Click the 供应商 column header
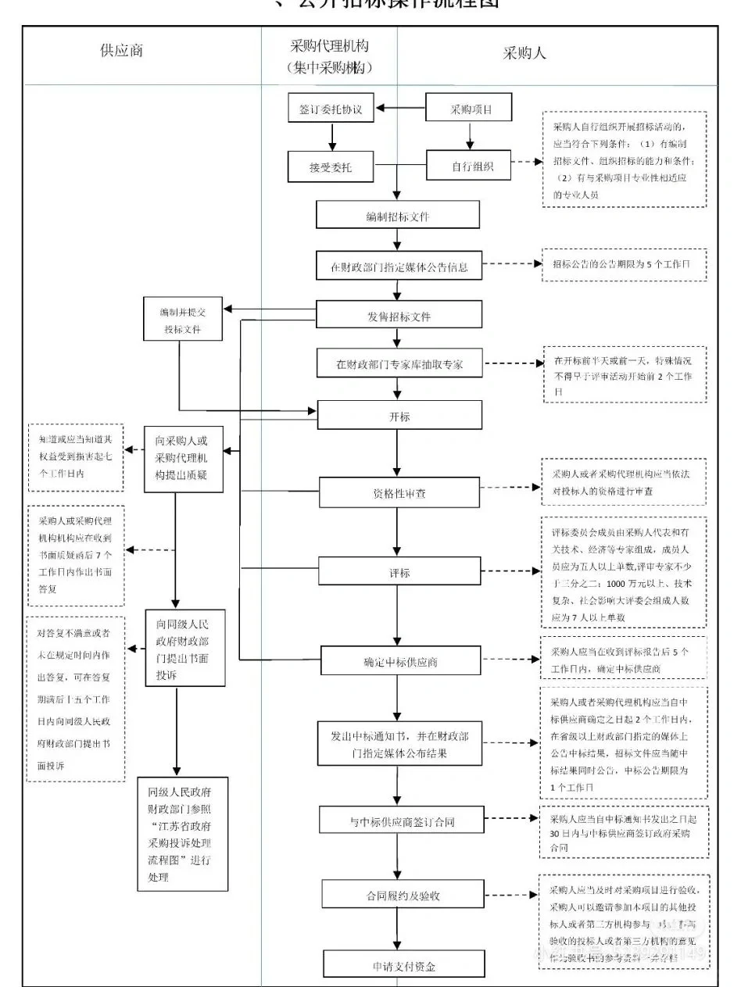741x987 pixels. (x=121, y=53)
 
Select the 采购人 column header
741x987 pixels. (x=524, y=53)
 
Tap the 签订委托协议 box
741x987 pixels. (x=331, y=109)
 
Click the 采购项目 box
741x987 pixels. (x=470, y=109)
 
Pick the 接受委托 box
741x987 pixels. (x=331, y=166)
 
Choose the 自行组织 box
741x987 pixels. (x=470, y=166)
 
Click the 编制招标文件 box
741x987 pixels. (x=397, y=216)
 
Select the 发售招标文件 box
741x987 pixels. (x=399, y=315)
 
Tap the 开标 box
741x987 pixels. (x=399, y=416)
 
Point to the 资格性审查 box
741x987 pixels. (x=399, y=494)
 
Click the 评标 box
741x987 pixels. (x=399, y=572)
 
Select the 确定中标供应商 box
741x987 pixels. (x=399, y=661)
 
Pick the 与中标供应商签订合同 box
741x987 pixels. (x=400, y=821)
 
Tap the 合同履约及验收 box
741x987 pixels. (x=400, y=895)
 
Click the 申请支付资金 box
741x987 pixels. (x=400, y=965)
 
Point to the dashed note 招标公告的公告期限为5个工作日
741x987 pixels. (x=624, y=265)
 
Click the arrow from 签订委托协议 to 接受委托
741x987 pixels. (x=331, y=138)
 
